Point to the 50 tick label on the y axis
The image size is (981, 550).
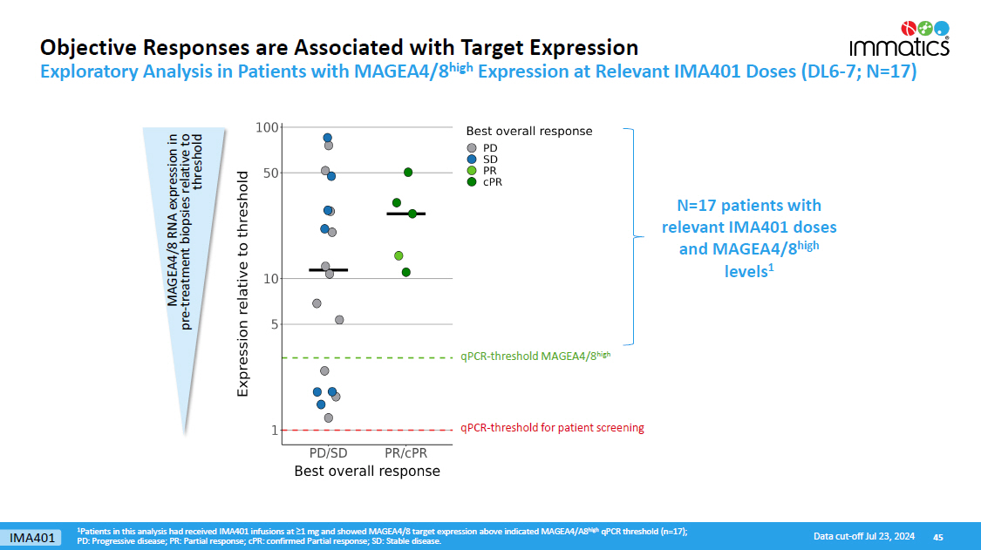[269, 173]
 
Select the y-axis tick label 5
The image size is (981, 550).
[273, 324]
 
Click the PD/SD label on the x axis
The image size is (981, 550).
[328, 453]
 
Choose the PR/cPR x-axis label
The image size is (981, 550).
[406, 453]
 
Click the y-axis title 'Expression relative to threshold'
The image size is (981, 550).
[243, 285]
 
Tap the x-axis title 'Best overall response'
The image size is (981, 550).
[366, 472]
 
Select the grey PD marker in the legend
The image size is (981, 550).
[472, 148]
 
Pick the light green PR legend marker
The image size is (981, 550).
[472, 171]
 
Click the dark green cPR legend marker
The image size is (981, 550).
[472, 182]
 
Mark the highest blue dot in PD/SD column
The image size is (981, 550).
[328, 138]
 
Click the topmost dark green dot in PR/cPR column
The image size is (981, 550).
[407, 172]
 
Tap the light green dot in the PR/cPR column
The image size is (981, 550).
[399, 255]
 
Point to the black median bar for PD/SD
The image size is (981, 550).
[328, 270]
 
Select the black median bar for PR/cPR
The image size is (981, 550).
[405, 214]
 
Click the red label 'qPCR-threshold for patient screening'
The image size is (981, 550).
[552, 428]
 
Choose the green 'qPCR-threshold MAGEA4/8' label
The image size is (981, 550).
[535, 356]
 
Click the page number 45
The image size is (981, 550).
[938, 536]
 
